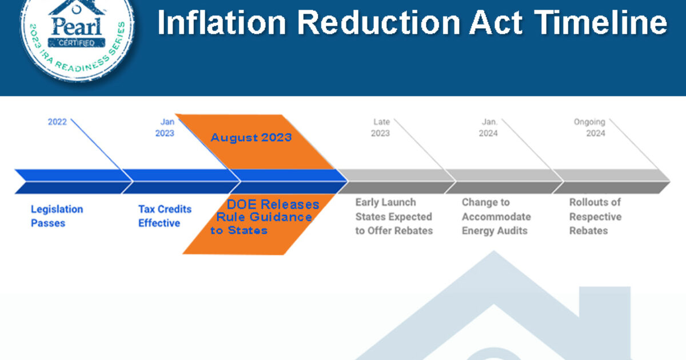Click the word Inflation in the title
[x=221, y=23]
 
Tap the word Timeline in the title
[x=601, y=22]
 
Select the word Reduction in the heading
[x=379, y=23]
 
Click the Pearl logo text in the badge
[x=76, y=27]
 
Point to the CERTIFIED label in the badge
[x=77, y=42]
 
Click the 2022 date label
[x=57, y=122]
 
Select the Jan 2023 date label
[x=165, y=127]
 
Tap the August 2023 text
[x=251, y=138]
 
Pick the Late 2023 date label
[x=380, y=127]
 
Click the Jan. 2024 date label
[x=488, y=127]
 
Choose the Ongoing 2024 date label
[x=589, y=127]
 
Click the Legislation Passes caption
[x=57, y=216]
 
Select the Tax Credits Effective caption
[x=165, y=216]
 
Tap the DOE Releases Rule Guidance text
[x=265, y=217]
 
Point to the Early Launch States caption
[x=394, y=217]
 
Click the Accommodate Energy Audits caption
[x=496, y=223]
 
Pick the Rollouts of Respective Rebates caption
[x=595, y=217]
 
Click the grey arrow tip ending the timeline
[x=669, y=181]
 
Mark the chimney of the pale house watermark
[x=605, y=306]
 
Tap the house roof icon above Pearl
[x=77, y=7]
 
